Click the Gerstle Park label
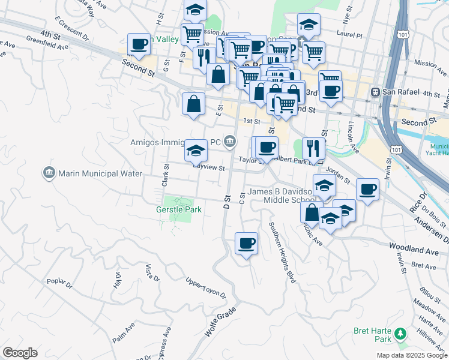(x=178, y=210)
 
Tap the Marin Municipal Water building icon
(x=49, y=173)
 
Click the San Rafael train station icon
(x=376, y=93)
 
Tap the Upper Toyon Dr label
(x=206, y=289)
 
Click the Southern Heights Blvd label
(x=283, y=252)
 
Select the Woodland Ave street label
(x=414, y=247)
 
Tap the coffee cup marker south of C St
(x=246, y=244)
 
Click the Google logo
(x=20, y=353)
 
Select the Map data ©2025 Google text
(x=412, y=355)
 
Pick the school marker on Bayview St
(x=196, y=151)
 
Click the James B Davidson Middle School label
(x=282, y=196)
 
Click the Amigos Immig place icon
(x=229, y=142)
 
